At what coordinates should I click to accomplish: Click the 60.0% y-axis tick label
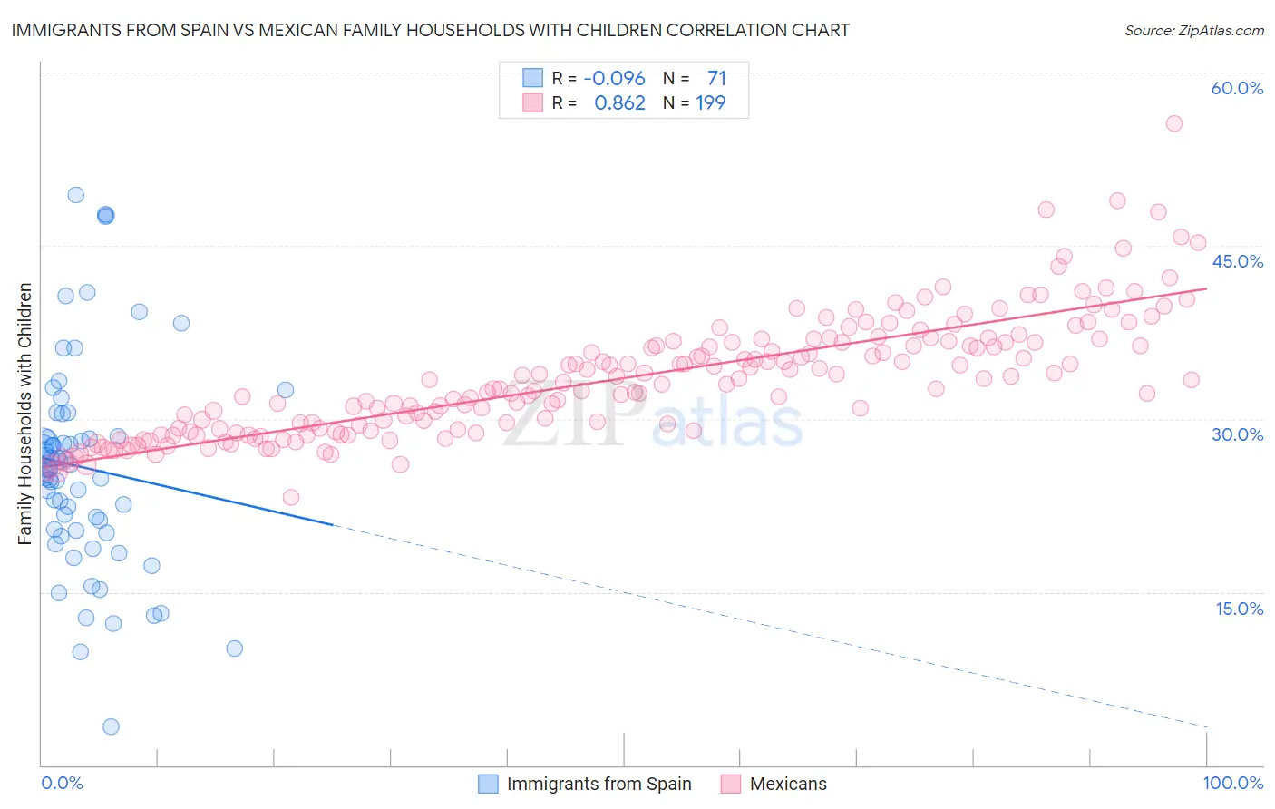point(1237,88)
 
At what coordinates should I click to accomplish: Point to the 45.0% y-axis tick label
point(1237,261)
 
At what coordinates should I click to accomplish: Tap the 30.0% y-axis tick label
point(1237,434)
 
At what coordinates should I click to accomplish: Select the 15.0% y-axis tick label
point(1239,608)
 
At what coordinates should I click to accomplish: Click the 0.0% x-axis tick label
point(62,783)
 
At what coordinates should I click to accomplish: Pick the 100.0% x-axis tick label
point(1232,783)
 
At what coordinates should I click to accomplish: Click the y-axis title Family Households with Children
point(25,414)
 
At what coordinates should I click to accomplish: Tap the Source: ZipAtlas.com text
point(1193,31)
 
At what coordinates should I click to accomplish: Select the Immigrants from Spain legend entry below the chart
point(599,784)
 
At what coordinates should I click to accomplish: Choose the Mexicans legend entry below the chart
point(788,784)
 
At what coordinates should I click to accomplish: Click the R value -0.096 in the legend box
point(614,78)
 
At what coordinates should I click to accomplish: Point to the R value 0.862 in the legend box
point(619,103)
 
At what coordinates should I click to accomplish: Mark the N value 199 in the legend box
point(710,103)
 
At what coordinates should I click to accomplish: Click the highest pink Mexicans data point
point(1173,123)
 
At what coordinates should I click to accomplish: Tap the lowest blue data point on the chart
point(111,726)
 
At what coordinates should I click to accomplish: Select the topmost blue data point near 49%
point(76,195)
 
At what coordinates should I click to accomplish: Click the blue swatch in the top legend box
point(532,78)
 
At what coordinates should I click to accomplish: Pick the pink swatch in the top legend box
point(532,103)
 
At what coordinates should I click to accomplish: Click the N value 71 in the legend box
point(716,78)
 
